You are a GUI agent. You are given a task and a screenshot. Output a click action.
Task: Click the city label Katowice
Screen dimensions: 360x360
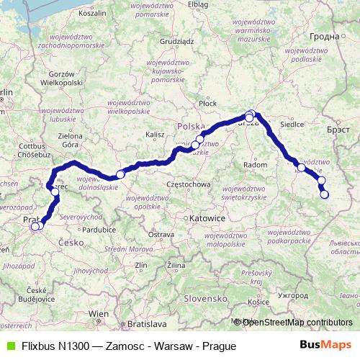[208, 217]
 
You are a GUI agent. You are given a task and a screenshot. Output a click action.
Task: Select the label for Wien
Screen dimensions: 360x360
[98, 314]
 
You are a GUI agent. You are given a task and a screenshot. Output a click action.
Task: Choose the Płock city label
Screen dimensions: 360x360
[208, 103]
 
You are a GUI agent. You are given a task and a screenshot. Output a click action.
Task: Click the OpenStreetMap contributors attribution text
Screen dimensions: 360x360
[296, 322]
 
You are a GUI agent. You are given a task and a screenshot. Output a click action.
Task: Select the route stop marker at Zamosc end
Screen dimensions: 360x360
[324, 194]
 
